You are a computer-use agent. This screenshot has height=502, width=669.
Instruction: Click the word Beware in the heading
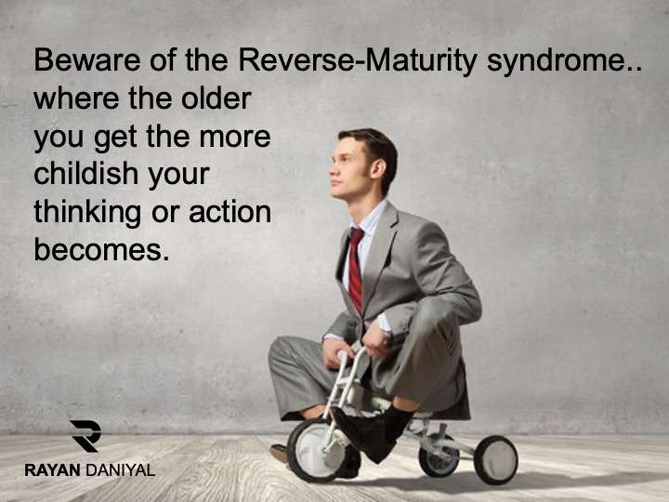[87, 59]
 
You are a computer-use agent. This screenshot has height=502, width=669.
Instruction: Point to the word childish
[85, 173]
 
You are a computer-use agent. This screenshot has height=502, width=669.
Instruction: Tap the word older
[216, 98]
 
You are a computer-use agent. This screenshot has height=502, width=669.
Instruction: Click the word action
[230, 211]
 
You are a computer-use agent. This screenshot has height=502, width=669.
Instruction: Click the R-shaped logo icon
[85, 436]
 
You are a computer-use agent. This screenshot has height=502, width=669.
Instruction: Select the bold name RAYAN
[52, 470]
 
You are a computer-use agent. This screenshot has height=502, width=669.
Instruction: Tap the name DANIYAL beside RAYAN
[120, 470]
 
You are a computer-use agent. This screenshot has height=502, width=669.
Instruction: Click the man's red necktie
[355, 269]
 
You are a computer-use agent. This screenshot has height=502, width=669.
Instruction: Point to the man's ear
[377, 168]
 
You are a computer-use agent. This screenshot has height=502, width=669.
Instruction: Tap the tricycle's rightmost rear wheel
[496, 460]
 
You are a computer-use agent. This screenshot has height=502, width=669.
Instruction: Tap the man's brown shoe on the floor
[281, 453]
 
